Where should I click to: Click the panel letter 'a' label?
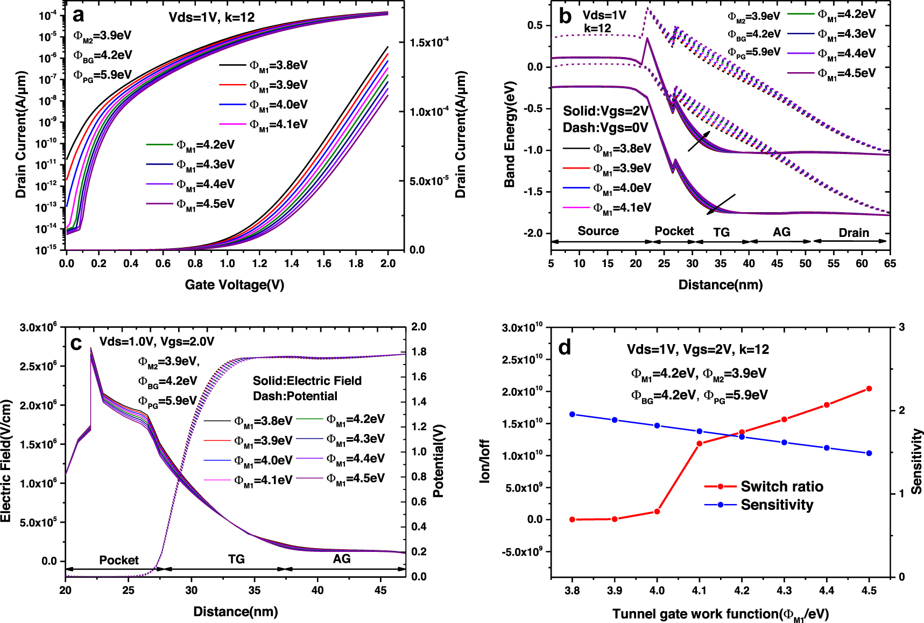(x=79, y=16)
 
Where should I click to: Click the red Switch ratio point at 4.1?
(x=700, y=444)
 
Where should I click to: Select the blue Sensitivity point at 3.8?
(x=572, y=414)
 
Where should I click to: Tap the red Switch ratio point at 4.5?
(x=869, y=388)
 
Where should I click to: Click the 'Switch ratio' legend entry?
(x=781, y=486)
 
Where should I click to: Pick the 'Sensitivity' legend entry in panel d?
(x=777, y=505)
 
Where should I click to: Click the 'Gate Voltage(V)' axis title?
(x=234, y=284)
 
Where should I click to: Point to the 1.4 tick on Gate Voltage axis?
(x=291, y=263)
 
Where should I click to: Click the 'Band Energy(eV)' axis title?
(x=510, y=134)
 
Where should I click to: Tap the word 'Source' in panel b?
(x=598, y=230)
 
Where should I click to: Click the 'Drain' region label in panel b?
(x=854, y=232)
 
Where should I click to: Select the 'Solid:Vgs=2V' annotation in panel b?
(x=605, y=111)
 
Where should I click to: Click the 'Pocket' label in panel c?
(x=118, y=560)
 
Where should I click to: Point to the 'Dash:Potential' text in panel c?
(x=295, y=396)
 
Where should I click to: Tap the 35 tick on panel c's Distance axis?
(x=254, y=590)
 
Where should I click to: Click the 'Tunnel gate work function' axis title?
(x=720, y=614)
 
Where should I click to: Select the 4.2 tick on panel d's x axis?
(x=742, y=590)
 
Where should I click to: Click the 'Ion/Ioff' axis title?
(x=485, y=460)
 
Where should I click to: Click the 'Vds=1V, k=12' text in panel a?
(x=211, y=17)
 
